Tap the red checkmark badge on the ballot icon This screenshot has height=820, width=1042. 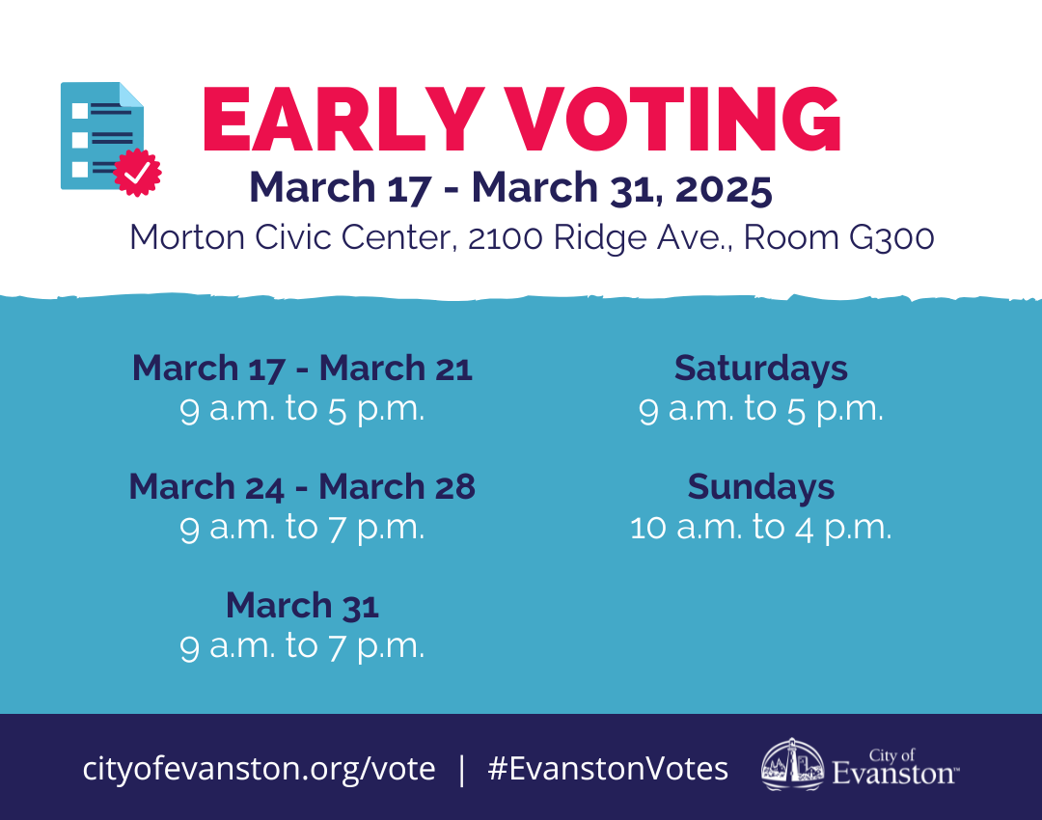(x=137, y=173)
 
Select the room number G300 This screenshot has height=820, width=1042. (x=891, y=237)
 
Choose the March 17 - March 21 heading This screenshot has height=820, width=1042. (x=302, y=368)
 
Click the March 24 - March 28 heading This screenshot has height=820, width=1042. (x=302, y=486)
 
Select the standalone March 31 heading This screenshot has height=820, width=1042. (x=302, y=605)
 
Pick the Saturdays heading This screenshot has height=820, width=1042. (x=761, y=368)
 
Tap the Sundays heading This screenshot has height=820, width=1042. (x=761, y=486)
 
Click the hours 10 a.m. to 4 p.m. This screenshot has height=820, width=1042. (x=761, y=528)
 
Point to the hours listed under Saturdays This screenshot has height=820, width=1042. (x=761, y=409)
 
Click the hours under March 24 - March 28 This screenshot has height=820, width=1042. (x=302, y=528)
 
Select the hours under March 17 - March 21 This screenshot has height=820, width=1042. (x=302, y=409)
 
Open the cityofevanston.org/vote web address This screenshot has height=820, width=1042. (x=259, y=769)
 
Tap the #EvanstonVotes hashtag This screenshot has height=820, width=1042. (x=608, y=769)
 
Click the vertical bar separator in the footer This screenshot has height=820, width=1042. (x=461, y=769)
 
